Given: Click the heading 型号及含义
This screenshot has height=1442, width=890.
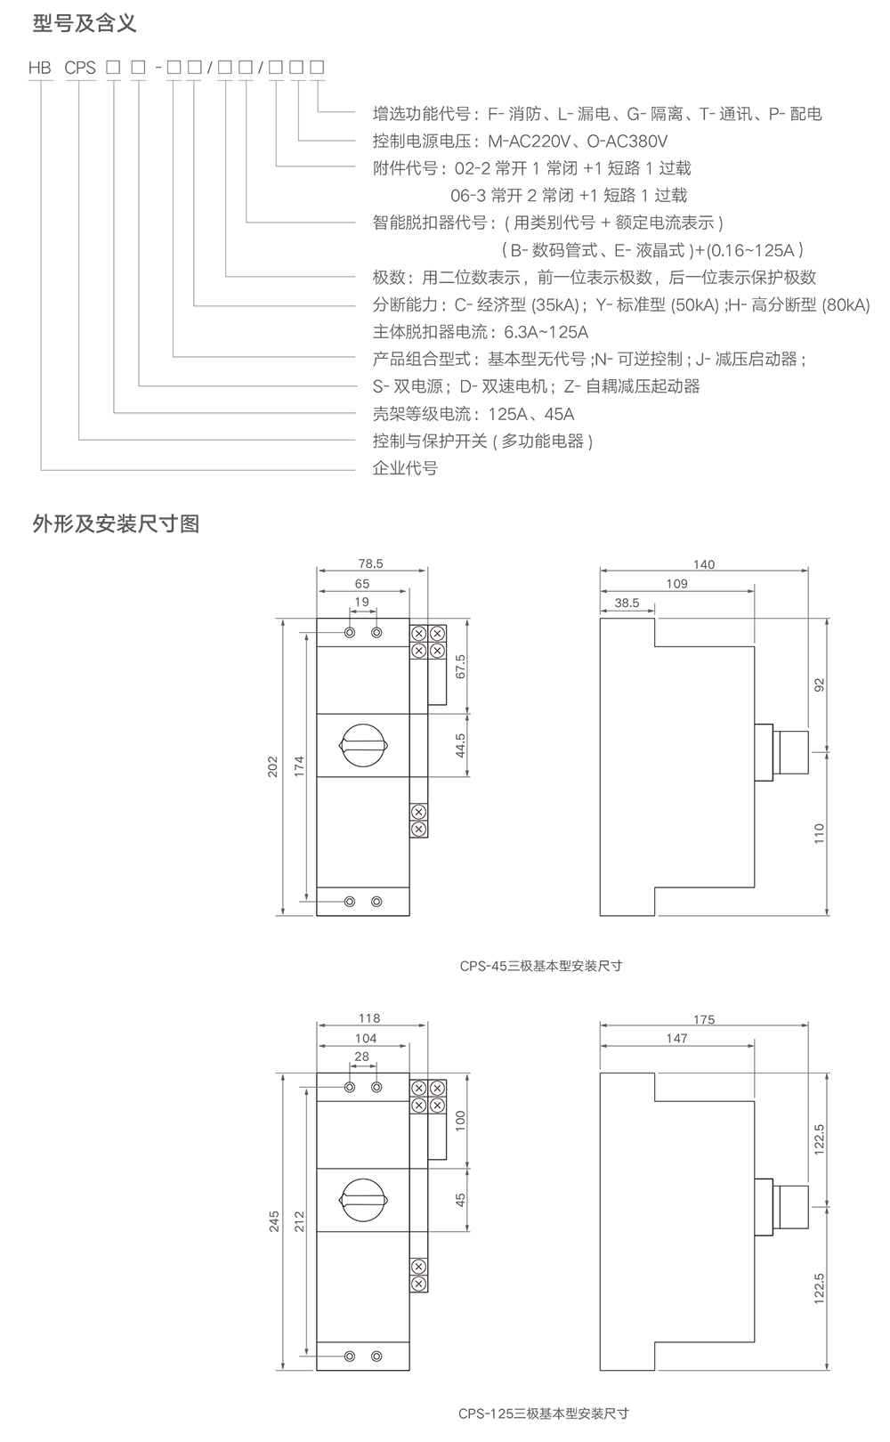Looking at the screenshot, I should [85, 23].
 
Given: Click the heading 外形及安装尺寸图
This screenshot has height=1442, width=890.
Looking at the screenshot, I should [116, 523].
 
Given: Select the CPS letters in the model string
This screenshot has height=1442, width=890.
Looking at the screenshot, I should [80, 68].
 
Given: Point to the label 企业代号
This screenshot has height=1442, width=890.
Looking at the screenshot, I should [405, 468].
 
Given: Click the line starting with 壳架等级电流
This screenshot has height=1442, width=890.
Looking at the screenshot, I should [473, 414].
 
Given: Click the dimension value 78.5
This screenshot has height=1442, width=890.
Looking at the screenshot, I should [370, 563].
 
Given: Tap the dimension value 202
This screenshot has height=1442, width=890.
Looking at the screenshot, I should [273, 767].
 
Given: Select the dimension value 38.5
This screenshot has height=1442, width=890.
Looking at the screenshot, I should [627, 603].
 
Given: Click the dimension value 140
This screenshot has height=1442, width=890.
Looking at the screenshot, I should [703, 564].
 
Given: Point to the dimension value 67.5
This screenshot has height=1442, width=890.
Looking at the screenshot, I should [460, 666].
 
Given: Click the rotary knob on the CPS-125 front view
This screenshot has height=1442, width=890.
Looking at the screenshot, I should [363, 1200].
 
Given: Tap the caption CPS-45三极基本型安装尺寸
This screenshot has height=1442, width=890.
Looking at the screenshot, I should [540, 965].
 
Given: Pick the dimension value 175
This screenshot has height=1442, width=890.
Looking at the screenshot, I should [703, 1019].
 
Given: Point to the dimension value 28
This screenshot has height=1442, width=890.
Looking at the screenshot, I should [361, 1057].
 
